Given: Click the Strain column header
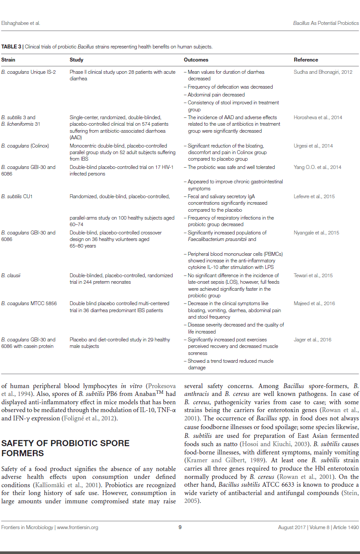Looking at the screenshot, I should (8, 60).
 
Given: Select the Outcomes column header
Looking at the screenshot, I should (196, 60).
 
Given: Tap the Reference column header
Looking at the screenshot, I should (306, 60).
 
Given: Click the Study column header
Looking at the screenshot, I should (76, 60).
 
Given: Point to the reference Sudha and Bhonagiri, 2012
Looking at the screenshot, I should (323, 72).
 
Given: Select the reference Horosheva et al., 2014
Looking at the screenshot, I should (318, 117).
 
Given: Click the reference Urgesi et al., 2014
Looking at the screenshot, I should (313, 146).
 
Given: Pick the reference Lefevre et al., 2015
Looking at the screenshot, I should (314, 196).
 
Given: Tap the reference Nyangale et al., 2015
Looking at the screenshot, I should (316, 233).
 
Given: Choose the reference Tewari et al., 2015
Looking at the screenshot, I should (313, 275).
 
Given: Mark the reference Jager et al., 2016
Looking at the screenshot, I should (312, 340).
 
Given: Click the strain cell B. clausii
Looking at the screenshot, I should (10, 275).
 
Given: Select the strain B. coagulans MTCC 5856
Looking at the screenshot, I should (28, 303).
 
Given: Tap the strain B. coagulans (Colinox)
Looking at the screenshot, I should (25, 146).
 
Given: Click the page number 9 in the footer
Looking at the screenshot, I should (180, 527).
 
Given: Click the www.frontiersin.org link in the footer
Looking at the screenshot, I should (77, 527).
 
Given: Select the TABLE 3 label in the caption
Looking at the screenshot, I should (12, 46).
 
